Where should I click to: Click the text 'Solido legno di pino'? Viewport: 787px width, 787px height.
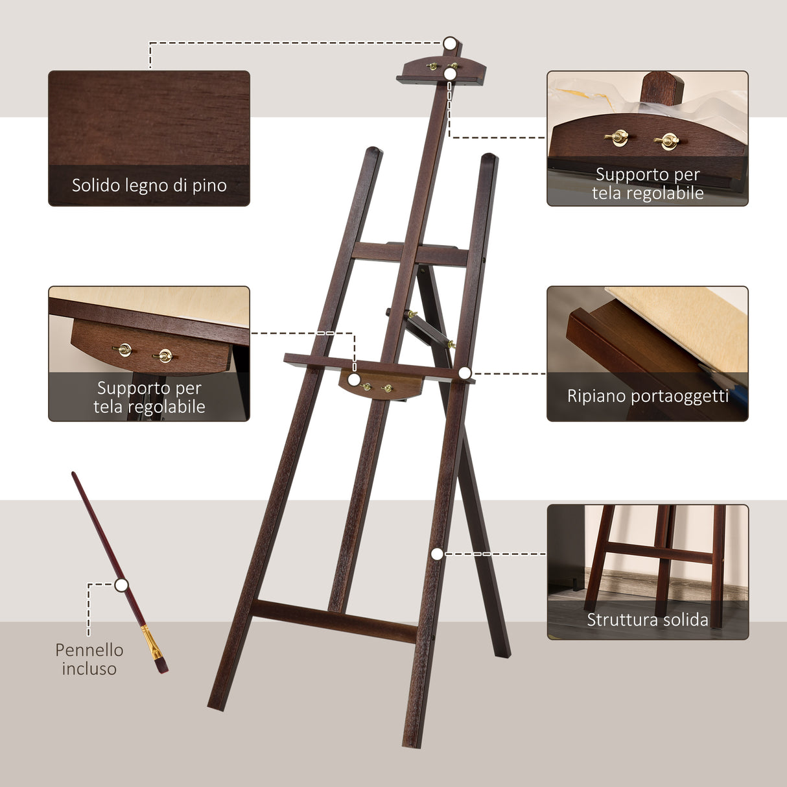(149, 185)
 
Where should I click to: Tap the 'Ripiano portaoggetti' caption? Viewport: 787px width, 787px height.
(648, 396)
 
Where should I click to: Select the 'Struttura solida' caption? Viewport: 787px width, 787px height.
(648, 620)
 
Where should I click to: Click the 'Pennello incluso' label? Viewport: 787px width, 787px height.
(89, 659)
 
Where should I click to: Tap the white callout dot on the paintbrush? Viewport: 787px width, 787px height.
(121, 585)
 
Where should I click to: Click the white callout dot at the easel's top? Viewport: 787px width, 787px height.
(450, 43)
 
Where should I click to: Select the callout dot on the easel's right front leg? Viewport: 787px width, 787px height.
(437, 554)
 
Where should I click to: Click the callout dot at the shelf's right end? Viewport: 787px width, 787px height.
(465, 373)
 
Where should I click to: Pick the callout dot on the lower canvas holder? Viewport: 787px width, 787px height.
(354, 380)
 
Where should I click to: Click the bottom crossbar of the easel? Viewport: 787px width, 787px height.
(334, 621)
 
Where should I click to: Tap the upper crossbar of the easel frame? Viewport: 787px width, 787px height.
(410, 254)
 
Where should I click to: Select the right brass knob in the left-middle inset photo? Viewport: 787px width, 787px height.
(165, 355)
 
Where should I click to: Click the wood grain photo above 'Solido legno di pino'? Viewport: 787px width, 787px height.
(149, 117)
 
